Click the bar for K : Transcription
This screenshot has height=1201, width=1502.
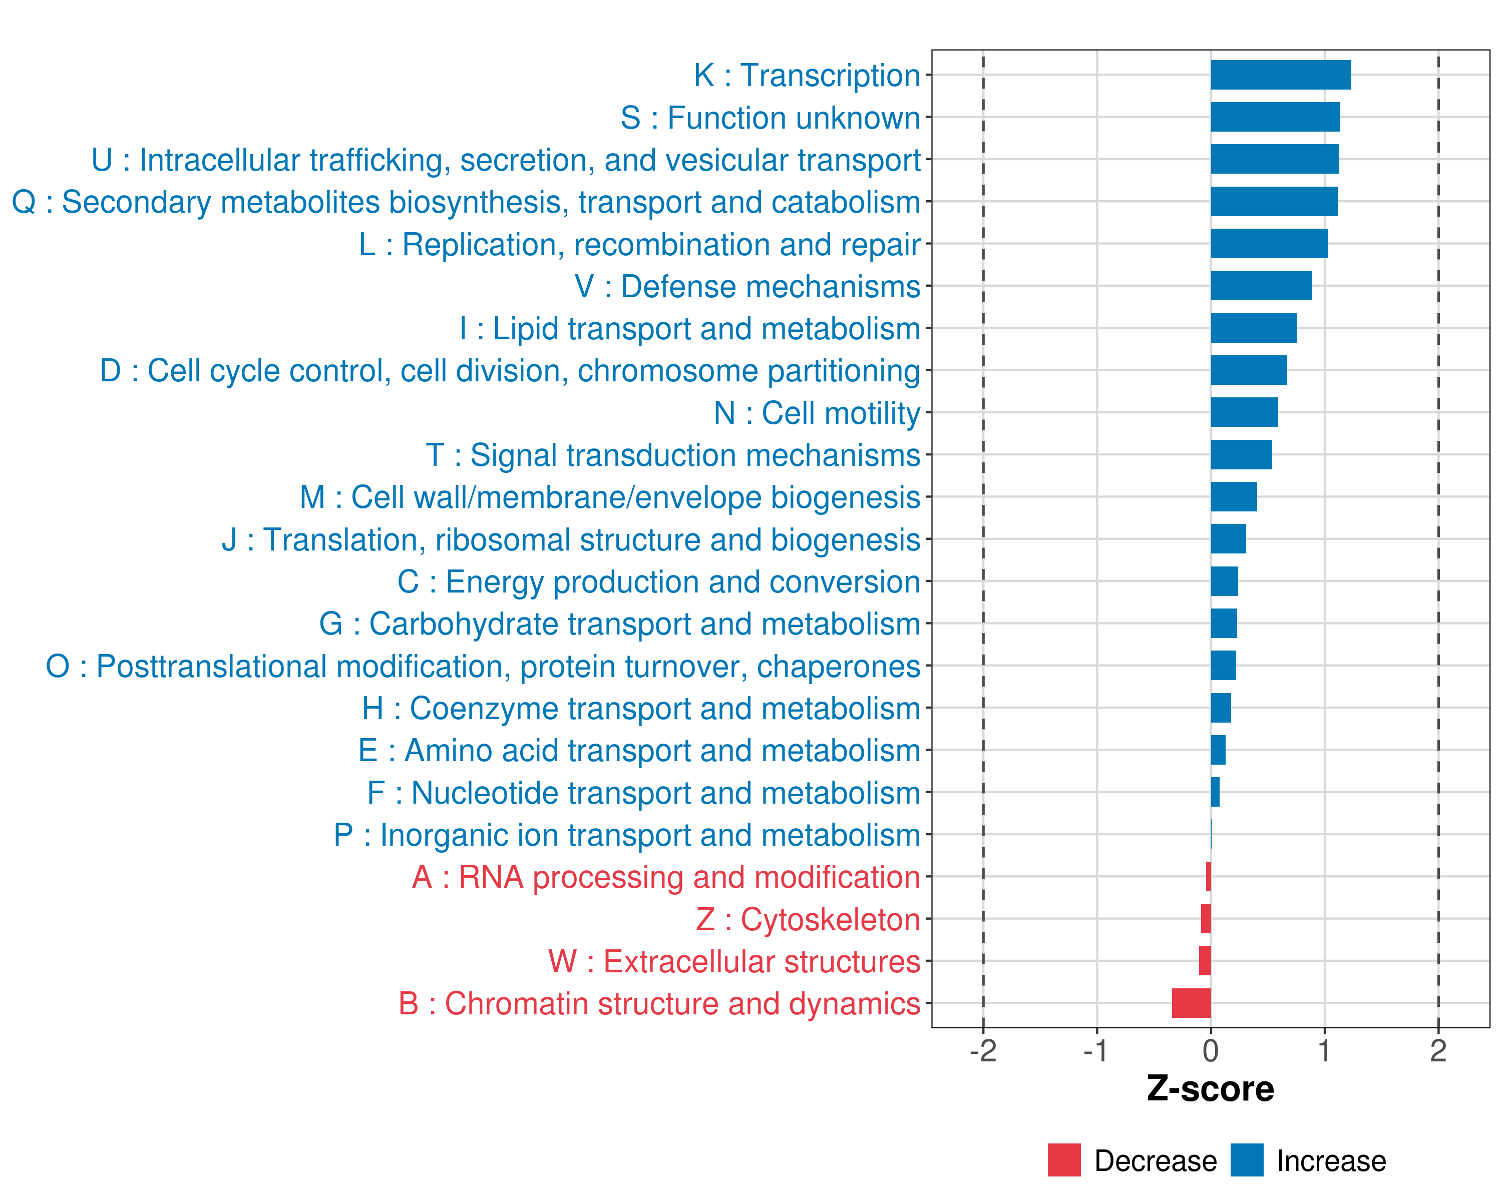[x=1281, y=75]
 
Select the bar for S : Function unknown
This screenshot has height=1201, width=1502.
[x=1275, y=117]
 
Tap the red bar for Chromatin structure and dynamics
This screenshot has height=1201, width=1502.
[x=1191, y=1003]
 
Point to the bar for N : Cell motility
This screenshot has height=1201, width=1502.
[x=1244, y=412]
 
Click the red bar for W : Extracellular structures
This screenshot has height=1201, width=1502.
[x=1205, y=961]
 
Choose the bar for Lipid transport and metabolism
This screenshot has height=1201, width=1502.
[x=1253, y=328]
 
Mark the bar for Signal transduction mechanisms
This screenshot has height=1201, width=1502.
[x=1241, y=455]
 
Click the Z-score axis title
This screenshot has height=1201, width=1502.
[x=1210, y=1089]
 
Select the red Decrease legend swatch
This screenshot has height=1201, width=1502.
[x=1064, y=1160]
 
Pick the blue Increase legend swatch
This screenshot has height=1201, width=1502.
[x=1246, y=1160]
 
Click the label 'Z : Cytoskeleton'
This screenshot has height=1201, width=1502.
[x=808, y=920]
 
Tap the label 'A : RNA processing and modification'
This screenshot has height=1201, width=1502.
[x=666, y=877]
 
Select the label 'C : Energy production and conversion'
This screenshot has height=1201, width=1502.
[x=658, y=582]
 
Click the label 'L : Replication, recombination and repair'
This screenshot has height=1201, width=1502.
[x=639, y=244]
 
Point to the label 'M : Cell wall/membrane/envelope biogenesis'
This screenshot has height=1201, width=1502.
[x=610, y=497]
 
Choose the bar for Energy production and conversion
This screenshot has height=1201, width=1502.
[x=1224, y=581]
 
